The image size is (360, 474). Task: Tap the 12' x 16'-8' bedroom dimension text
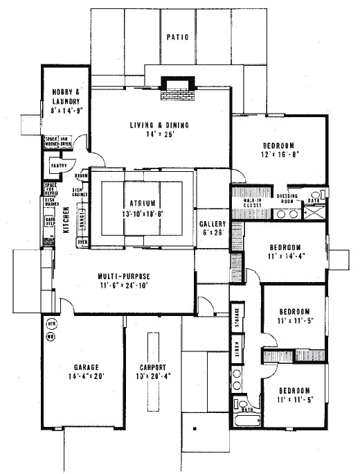(x=280, y=156)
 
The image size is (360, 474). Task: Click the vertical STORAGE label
(x=237, y=317)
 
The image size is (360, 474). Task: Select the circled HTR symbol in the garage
(x=51, y=324)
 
